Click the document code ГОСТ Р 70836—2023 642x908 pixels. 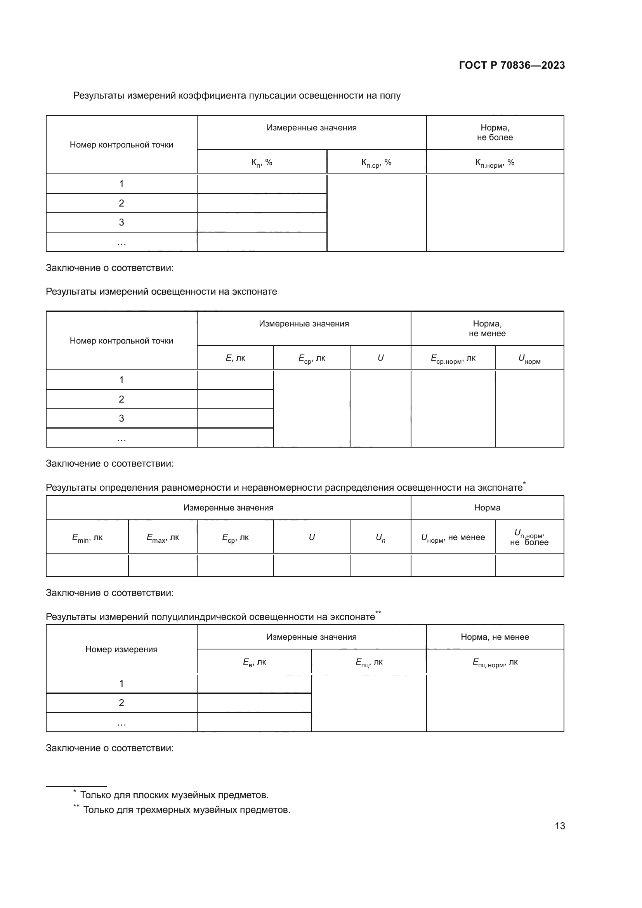click(x=512, y=65)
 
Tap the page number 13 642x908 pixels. click(x=560, y=826)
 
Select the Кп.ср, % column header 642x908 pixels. click(x=377, y=163)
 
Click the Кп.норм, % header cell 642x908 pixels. click(x=495, y=163)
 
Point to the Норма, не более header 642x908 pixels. click(x=495, y=132)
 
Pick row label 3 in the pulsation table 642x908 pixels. click(x=121, y=223)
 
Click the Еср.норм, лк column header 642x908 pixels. click(x=453, y=359)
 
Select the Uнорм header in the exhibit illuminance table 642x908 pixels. click(x=529, y=359)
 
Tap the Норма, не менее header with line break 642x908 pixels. click(x=487, y=329)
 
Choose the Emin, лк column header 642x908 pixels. click(x=87, y=538)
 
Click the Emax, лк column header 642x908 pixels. click(x=163, y=538)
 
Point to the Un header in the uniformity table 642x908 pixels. click(x=380, y=538)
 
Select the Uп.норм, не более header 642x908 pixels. click(x=529, y=538)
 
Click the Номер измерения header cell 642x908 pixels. click(x=121, y=649)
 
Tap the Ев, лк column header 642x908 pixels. click(x=254, y=662)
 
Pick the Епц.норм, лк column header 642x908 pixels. click(x=495, y=662)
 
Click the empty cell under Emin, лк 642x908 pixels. click(x=87, y=566)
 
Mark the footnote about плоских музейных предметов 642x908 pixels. click(x=174, y=795)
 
